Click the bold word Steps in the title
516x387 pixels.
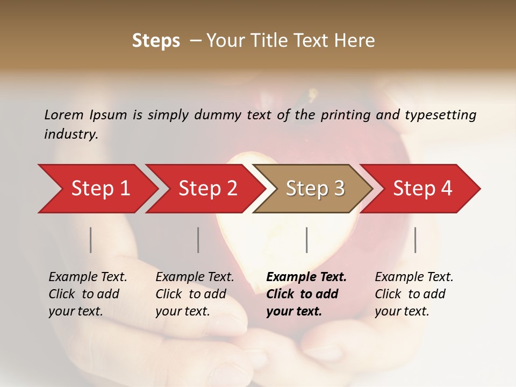coord(156,40)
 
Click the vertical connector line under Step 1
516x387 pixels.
coord(91,240)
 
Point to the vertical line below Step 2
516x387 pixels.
coord(198,240)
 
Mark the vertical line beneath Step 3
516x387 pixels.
coord(307,240)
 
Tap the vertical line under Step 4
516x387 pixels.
coord(415,240)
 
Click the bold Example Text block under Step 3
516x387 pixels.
coord(306,294)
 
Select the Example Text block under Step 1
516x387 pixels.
coord(88,294)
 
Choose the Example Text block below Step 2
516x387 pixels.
coord(195,294)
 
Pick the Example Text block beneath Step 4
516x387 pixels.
coord(414,294)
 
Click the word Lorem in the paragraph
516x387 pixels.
coord(64,114)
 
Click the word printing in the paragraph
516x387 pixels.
coord(346,115)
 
